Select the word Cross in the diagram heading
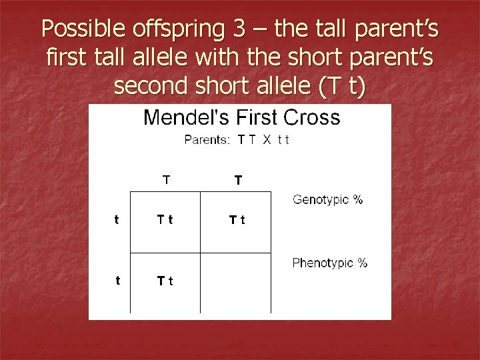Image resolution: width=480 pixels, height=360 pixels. coord(312,118)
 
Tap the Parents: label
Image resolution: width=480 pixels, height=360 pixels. coord(207,140)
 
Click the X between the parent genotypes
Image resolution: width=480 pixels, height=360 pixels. coord(265,140)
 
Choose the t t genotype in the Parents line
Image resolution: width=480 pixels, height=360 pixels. coord(283,140)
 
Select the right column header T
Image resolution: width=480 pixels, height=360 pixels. coord(238,179)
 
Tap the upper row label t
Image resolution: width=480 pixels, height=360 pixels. coord(117,221)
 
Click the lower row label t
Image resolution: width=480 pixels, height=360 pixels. coord(117,281)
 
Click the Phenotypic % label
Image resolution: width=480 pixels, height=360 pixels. coord(329,263)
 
